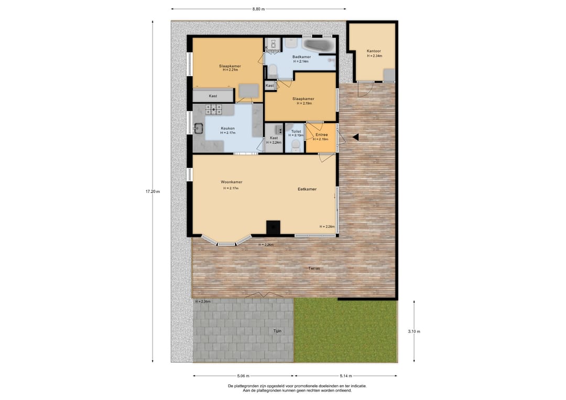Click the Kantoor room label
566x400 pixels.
pos(374,51)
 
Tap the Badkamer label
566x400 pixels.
pos(301,57)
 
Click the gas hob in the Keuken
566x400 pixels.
pos(214,110)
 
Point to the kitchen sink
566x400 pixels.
pos(198,128)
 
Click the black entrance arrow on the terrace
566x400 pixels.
pos(355,137)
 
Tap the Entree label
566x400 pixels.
pos(322,135)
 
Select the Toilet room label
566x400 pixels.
pos(296,132)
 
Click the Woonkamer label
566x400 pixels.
pos(232,182)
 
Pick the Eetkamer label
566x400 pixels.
pos(307,189)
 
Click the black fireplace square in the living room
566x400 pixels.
pos(273,228)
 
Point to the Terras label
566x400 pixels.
pos(314,268)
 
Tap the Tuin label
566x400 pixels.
pos(277,331)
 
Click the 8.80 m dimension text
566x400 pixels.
pos(258,9)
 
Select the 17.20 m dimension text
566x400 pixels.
pos(153,192)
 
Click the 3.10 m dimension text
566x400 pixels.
pos(414,331)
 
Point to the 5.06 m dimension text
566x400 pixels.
pos(243,376)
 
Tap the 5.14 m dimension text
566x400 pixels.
pos(345,376)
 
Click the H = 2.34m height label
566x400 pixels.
pos(375,56)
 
